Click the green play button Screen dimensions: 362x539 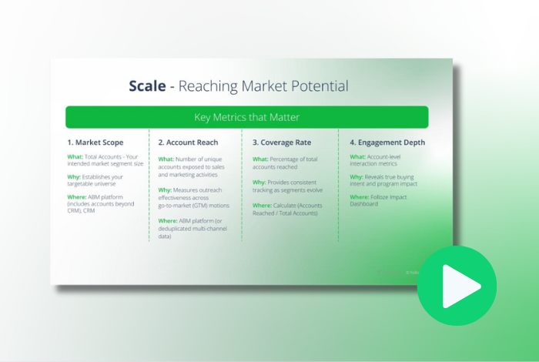click(x=457, y=286)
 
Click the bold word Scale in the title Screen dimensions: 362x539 click(x=147, y=85)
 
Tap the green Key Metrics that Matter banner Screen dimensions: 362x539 click(x=246, y=117)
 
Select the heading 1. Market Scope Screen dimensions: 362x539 click(x=95, y=142)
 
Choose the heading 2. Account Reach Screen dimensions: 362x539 click(x=188, y=142)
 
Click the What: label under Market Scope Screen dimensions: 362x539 click(x=75, y=157)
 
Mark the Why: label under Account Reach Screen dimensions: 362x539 click(x=166, y=189)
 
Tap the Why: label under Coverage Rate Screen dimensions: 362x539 click(x=259, y=183)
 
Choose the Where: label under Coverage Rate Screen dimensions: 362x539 click(x=263, y=206)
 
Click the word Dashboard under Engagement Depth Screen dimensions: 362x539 click(x=364, y=205)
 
